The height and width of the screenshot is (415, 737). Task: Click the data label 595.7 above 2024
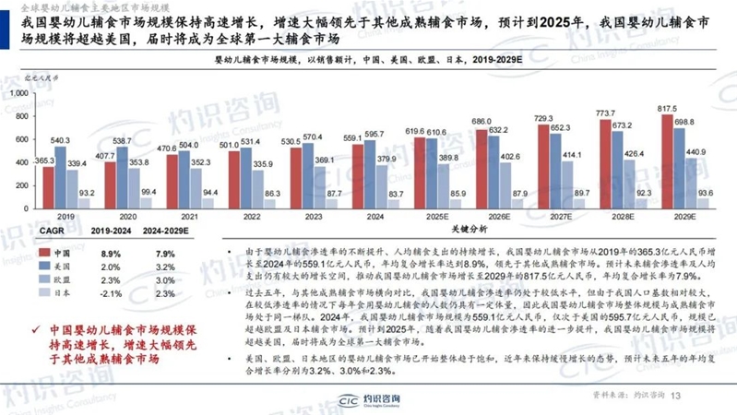[x=375, y=135]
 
